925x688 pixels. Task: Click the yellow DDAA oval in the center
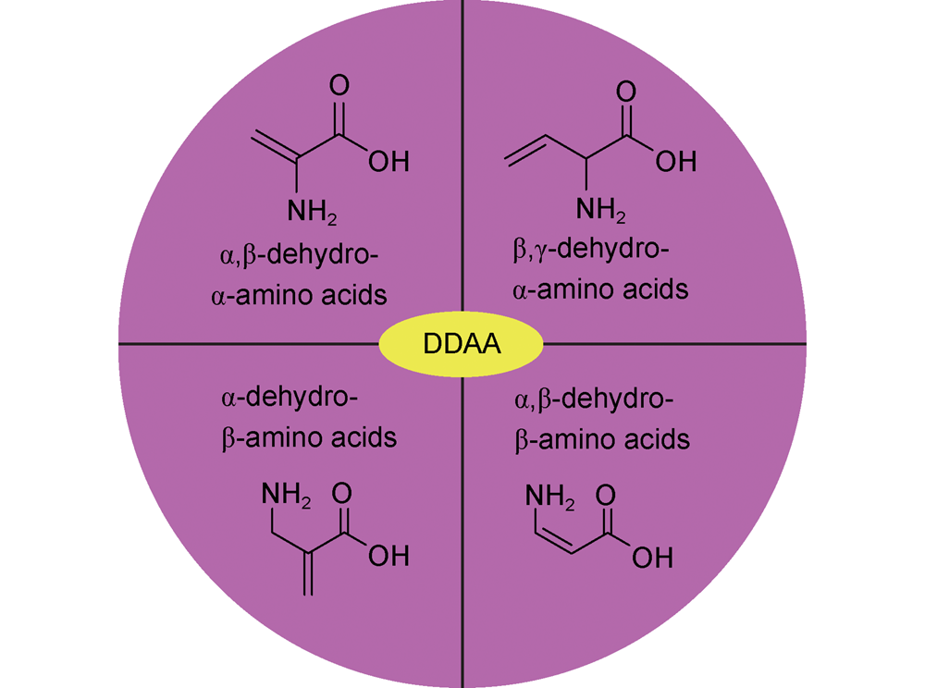462,345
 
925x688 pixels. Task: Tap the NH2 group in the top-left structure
312,213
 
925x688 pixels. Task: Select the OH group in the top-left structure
388,162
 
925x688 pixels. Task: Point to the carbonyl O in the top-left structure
339,86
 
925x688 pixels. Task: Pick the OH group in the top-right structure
675,162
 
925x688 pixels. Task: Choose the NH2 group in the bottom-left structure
288,498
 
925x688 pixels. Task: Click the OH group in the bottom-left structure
388,555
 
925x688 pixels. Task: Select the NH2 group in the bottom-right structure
550,499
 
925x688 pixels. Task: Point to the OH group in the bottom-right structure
652,558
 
